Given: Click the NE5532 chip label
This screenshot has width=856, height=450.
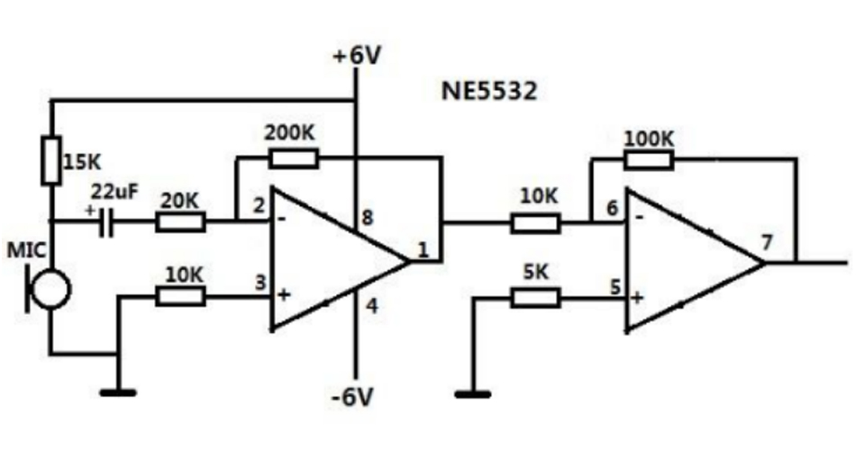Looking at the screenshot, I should (490, 92).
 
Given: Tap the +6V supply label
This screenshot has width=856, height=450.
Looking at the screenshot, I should (357, 55).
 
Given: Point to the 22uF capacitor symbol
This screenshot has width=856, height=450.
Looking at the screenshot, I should (106, 221).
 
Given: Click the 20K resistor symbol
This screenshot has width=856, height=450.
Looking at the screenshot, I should (180, 221).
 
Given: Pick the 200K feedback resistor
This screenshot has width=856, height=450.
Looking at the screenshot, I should (293, 158).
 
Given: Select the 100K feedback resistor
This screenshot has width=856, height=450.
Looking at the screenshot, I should (649, 160).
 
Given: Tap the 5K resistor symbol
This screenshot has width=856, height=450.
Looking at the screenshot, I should (535, 297).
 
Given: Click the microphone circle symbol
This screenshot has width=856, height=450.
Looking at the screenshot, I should (50, 290).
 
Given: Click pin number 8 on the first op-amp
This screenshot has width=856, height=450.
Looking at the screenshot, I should (367, 217).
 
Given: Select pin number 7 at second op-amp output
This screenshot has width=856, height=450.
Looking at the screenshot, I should (766, 242).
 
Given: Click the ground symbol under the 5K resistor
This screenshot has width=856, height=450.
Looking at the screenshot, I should (472, 392).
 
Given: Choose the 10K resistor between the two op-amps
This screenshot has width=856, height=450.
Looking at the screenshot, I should (535, 221).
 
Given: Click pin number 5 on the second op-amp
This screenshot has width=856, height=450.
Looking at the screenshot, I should (615, 288).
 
